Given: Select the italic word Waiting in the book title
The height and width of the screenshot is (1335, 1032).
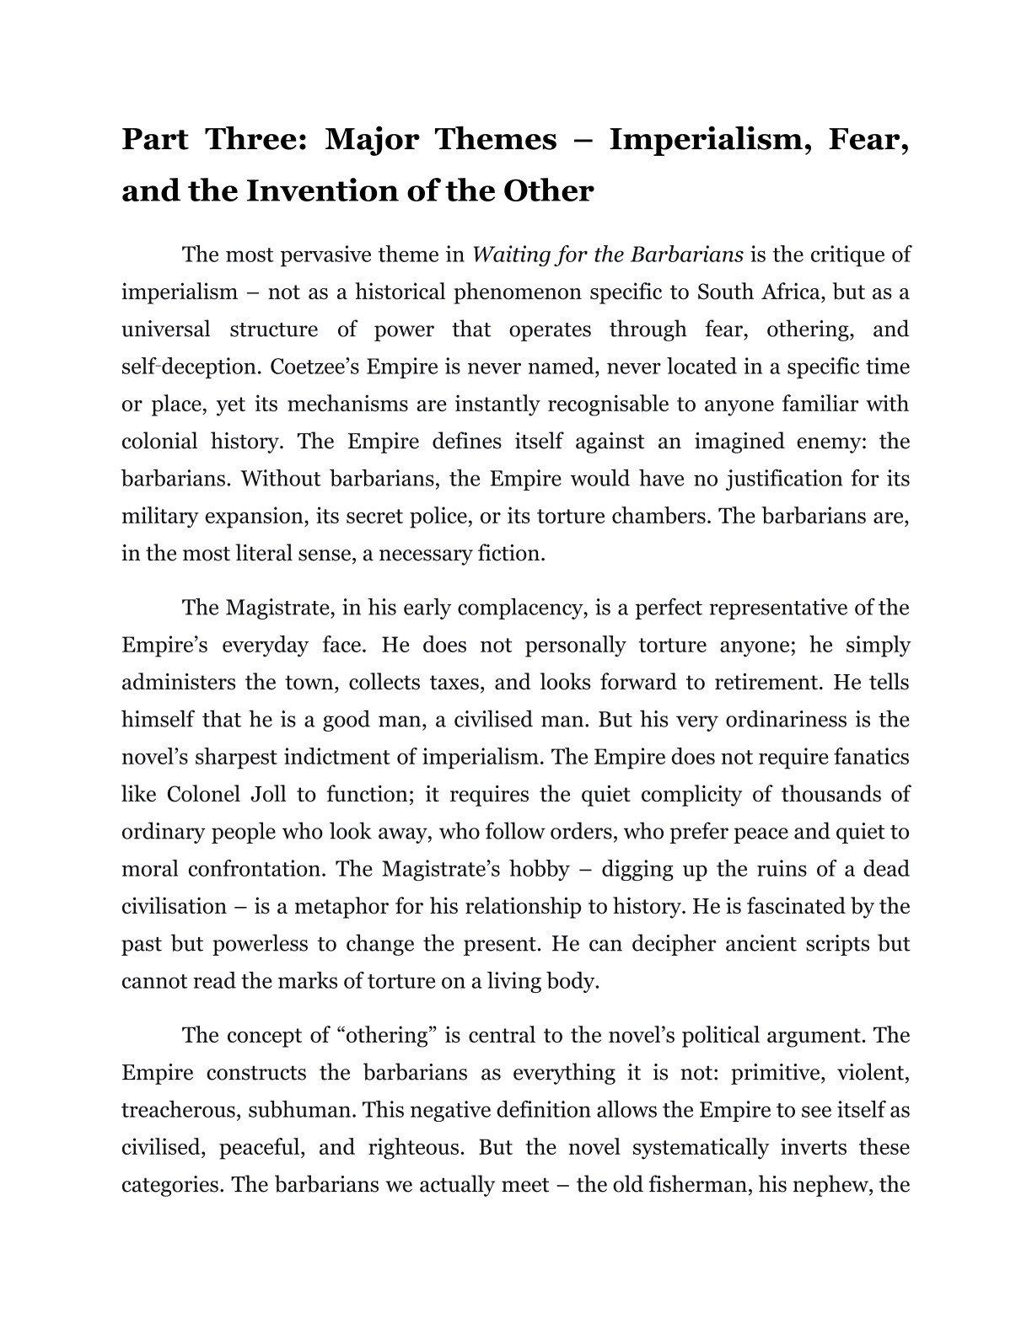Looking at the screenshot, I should [508, 255].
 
